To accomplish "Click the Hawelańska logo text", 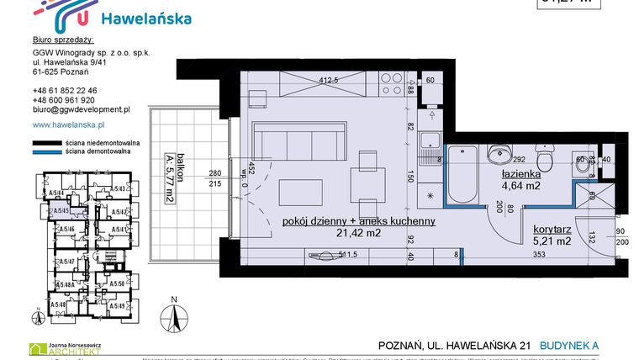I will pyautogui.click(x=145, y=19).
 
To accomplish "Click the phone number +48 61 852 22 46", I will pyautogui.click(x=65, y=90).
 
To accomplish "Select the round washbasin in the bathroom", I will pyautogui.click(x=499, y=153).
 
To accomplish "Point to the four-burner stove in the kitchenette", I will pyautogui.click(x=392, y=83).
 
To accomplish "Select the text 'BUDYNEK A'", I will pyautogui.click(x=600, y=345).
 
